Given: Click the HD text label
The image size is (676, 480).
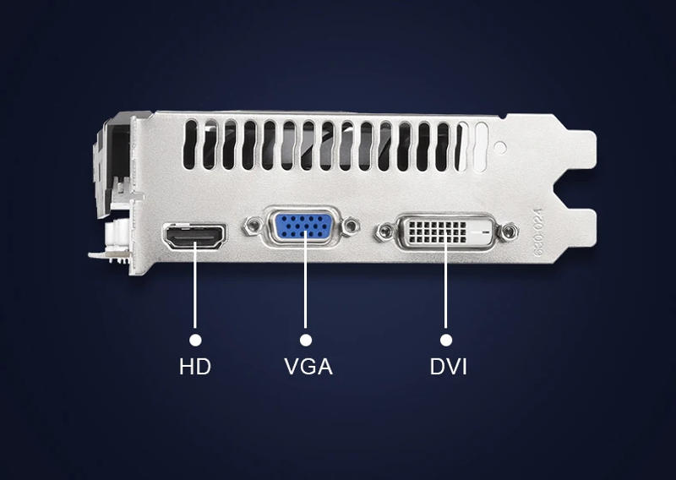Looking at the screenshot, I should tap(194, 367).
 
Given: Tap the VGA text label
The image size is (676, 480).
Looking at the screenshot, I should tap(308, 367).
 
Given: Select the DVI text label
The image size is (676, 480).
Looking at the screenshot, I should tap(448, 367).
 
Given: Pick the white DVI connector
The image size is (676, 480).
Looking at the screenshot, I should tap(444, 231).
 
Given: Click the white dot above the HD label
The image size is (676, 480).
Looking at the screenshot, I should tap(195, 339).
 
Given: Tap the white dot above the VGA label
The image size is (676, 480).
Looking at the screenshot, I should tap(305, 339).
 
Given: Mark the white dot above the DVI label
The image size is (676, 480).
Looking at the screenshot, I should tap(445, 339).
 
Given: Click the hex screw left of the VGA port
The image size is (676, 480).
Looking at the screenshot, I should tap(251, 226).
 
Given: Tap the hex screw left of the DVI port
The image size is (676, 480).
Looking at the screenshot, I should tap(385, 229).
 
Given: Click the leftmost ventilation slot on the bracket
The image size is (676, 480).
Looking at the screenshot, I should tap(191, 143).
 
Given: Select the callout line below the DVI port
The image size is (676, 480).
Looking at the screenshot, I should tap(445, 292).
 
